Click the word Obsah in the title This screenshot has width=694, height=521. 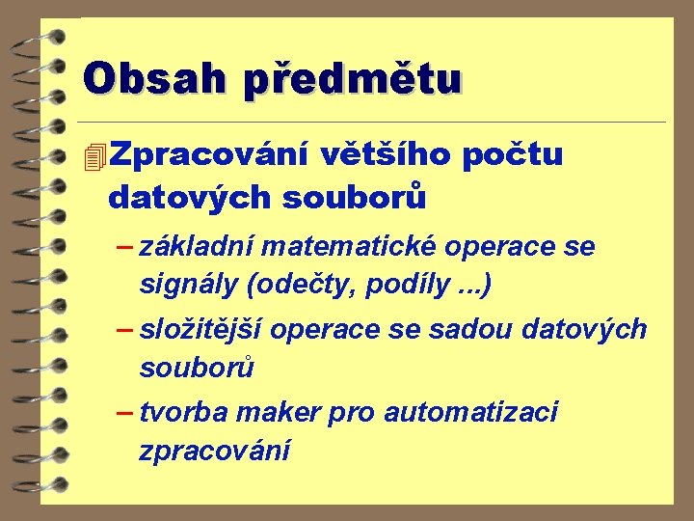(x=154, y=78)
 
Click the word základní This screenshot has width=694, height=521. (x=197, y=247)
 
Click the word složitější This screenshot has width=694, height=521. (x=203, y=330)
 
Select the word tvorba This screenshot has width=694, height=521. (x=183, y=413)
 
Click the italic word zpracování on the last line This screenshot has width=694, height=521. (x=214, y=451)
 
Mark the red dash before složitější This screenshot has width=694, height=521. (x=123, y=330)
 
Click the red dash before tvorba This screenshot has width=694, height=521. (x=123, y=413)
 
